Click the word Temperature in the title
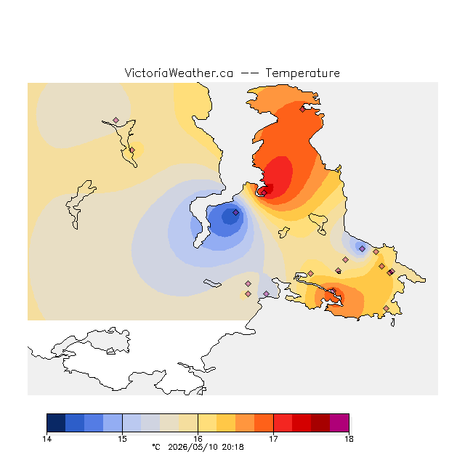coord(302,73)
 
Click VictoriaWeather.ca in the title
coord(179,73)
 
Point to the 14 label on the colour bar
coord(46,439)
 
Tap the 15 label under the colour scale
coord(122,439)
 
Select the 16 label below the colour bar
coord(198,439)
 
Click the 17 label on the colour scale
coord(273,439)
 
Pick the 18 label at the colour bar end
coord(349,439)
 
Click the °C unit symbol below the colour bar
coord(156,447)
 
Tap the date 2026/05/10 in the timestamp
coord(193,447)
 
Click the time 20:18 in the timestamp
coord(232,447)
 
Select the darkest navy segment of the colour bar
coord(56,423)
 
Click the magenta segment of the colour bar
coord(339,423)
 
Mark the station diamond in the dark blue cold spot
coord(235,212)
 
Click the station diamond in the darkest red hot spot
coord(264,193)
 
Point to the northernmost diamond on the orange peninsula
coord(302,110)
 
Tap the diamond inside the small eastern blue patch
coord(362,248)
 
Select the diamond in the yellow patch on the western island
coord(132,150)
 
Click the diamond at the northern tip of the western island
coord(116,120)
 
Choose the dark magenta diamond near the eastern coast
coord(392,271)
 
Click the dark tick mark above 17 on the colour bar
coord(273,423)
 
